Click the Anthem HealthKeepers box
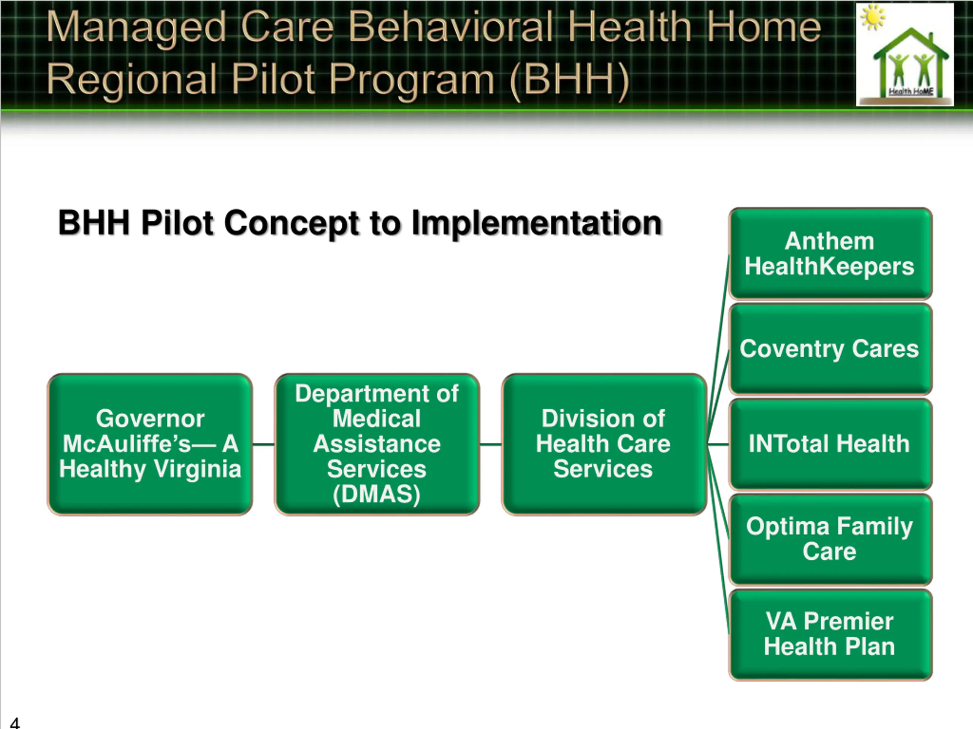[x=830, y=254]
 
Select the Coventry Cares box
[x=830, y=349]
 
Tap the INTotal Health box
[x=830, y=444]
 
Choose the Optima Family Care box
[x=830, y=539]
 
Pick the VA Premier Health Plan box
[x=830, y=634]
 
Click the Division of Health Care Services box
[x=603, y=444]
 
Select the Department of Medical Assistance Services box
[x=377, y=444]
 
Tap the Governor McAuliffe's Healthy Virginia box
[x=150, y=444]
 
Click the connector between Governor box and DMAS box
[x=263, y=444]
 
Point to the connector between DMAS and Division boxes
[x=490, y=444]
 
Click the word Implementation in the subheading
[x=537, y=223]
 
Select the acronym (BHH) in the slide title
[x=570, y=79]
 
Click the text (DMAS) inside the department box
[x=377, y=494]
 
